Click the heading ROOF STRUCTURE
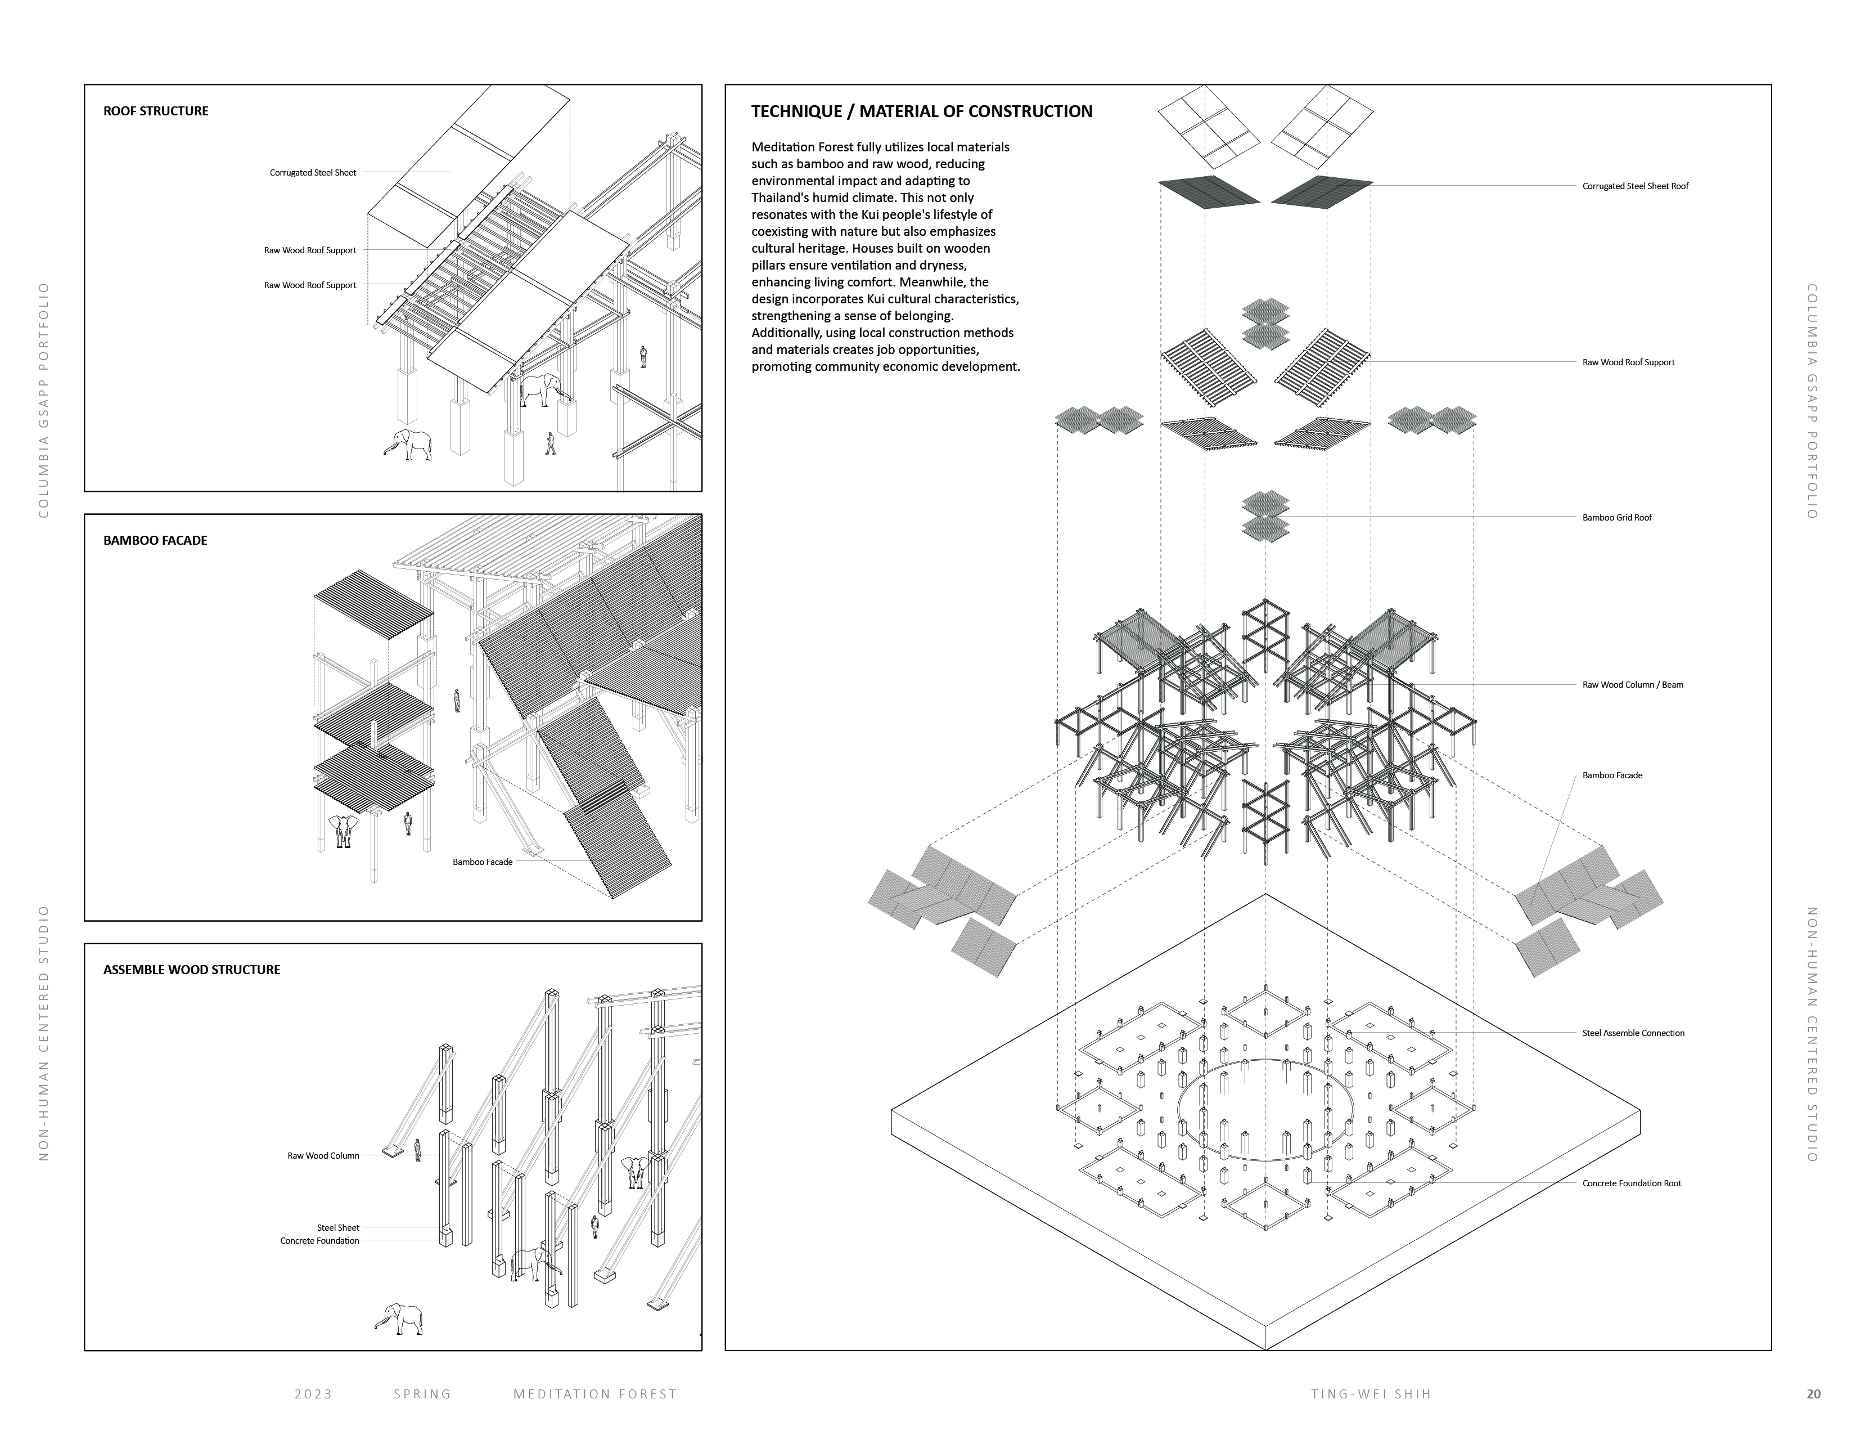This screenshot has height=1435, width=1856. pyautogui.click(x=156, y=110)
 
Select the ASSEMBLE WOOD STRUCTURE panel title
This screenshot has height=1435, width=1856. pyautogui.click(x=191, y=969)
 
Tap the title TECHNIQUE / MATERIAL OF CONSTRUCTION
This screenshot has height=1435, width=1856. pyautogui.click(x=922, y=111)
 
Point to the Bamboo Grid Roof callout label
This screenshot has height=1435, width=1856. pyautogui.click(x=1616, y=517)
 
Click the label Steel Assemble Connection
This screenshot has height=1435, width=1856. pyautogui.click(x=1633, y=1033)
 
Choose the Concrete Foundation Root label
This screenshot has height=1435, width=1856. pyautogui.click(x=1632, y=1182)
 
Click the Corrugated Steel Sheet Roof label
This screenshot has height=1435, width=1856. pyautogui.click(x=1635, y=185)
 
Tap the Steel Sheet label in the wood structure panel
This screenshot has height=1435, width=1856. pyautogui.click(x=338, y=1227)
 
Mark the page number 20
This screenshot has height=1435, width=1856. pyautogui.click(x=1813, y=1393)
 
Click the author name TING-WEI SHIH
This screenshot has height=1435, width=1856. pyautogui.click(x=1371, y=1393)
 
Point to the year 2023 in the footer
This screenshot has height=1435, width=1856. pyautogui.click(x=314, y=1393)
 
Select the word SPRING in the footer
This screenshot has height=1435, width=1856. pyautogui.click(x=422, y=1393)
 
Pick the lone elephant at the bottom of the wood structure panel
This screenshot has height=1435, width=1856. pyautogui.click(x=399, y=1319)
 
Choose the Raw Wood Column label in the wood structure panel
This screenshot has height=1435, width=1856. pyautogui.click(x=323, y=1155)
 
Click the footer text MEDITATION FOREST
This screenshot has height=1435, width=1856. pyautogui.click(x=595, y=1393)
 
